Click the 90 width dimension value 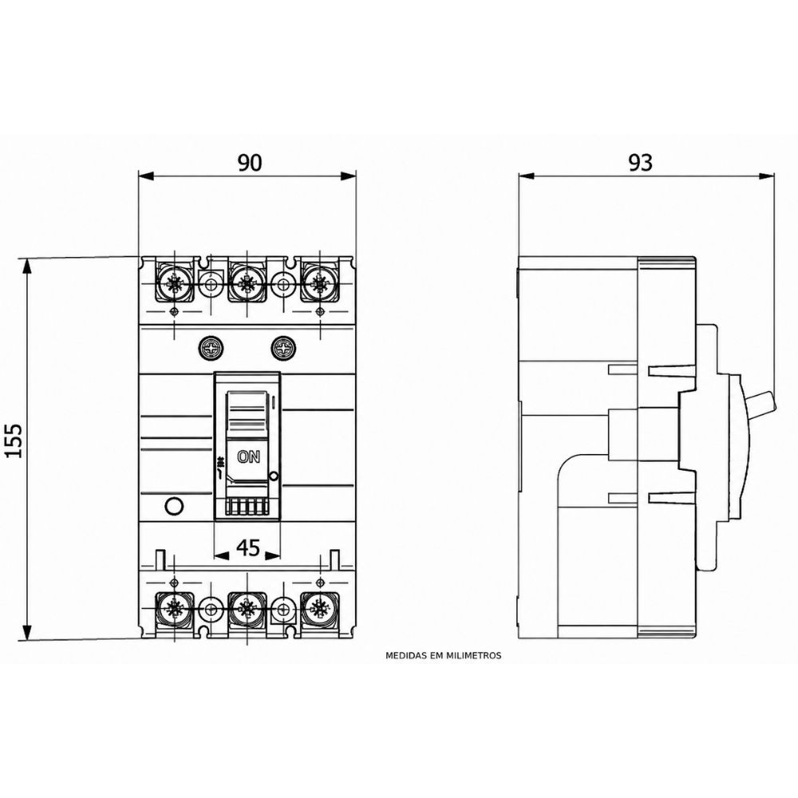250,162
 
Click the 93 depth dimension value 640,163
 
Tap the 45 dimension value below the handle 248,548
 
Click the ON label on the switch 248,456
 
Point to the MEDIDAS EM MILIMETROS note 443,655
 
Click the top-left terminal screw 174,282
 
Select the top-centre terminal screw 247,282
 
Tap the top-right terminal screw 319,282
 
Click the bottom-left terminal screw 174,609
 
